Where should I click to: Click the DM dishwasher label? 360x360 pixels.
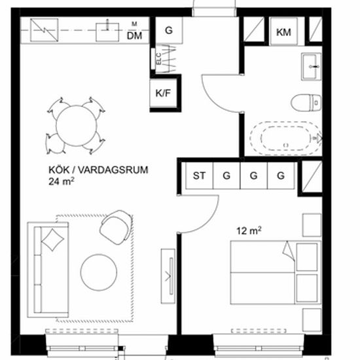click(134, 35)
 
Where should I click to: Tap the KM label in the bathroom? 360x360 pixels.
click(283, 32)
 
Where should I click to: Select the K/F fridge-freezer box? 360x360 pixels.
click(163, 93)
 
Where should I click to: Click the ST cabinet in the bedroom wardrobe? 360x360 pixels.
click(199, 175)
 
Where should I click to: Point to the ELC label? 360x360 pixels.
click(158, 58)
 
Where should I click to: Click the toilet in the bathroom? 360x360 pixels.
click(306, 103)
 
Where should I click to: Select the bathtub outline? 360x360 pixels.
click(286, 137)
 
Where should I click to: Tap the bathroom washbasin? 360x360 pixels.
click(311, 67)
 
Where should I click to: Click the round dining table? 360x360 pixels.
click(77, 126)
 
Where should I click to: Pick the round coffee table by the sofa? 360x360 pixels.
click(99, 272)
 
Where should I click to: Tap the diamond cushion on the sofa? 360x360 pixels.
click(52, 240)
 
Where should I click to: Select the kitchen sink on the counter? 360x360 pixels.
click(107, 32)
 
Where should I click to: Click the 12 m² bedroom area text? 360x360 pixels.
click(249, 231)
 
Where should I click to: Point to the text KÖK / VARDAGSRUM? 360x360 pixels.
click(98, 170)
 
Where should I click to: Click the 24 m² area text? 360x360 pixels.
click(62, 181)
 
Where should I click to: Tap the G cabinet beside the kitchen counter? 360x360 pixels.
click(170, 30)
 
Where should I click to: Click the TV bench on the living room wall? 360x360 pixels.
click(168, 276)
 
